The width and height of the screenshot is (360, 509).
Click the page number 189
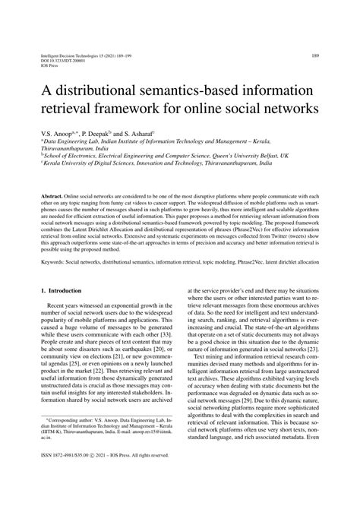tap(314, 55)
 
